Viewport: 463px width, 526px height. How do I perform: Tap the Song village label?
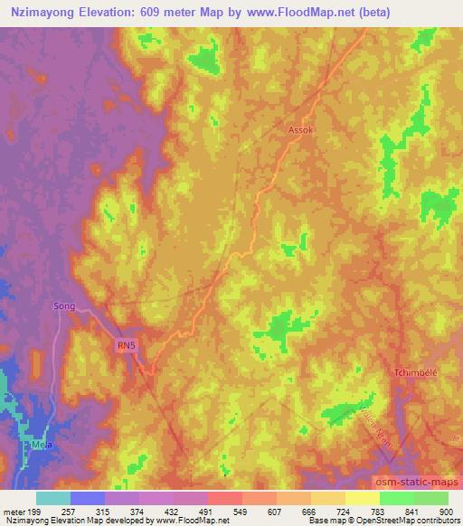(x=65, y=306)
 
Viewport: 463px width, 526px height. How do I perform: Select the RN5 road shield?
(x=125, y=344)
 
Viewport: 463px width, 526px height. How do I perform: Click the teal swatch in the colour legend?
(x=52, y=498)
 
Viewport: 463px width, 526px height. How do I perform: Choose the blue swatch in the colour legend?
(x=88, y=498)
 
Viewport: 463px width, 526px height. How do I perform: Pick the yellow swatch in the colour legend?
(x=363, y=498)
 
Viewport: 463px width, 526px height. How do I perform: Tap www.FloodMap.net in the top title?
(x=322, y=13)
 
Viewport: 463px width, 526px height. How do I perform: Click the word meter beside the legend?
(x=14, y=512)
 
